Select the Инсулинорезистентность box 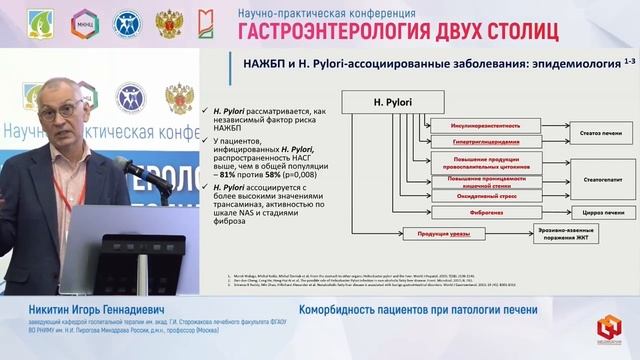click(477, 126)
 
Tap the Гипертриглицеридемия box click(477, 142)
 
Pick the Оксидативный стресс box click(477, 195)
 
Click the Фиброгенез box click(477, 211)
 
